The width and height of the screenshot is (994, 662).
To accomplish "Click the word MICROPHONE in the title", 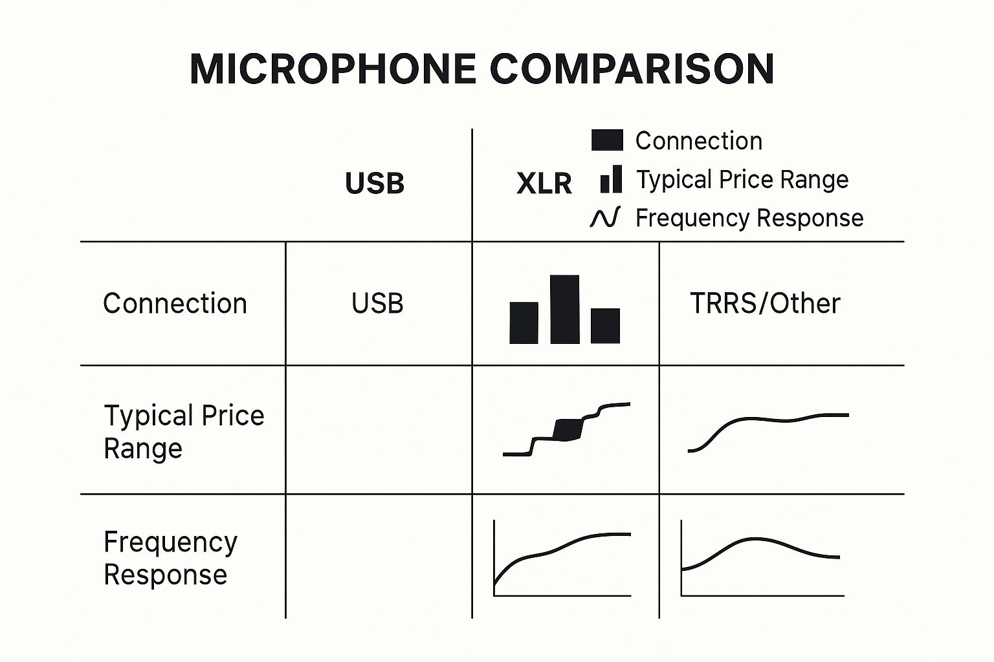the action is click(x=333, y=69).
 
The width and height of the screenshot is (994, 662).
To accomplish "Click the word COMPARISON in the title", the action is click(x=632, y=69).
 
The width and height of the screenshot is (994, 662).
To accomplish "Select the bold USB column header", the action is click(x=375, y=183).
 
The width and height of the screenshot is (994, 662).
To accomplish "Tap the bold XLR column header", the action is click(x=544, y=184).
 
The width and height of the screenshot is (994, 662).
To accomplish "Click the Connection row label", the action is click(x=175, y=304).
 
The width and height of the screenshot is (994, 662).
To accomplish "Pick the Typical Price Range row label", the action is click(x=184, y=432).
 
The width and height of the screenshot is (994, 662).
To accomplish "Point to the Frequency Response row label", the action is click(x=170, y=559).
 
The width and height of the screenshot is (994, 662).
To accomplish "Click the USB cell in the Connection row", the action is click(x=377, y=304).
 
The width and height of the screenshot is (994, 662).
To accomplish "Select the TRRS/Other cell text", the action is click(x=765, y=304).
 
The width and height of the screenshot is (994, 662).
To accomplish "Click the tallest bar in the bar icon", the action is click(x=565, y=309).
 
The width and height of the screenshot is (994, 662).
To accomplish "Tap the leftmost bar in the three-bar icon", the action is click(x=524, y=323).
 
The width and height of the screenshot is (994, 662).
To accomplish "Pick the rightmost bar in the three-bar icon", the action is click(x=605, y=326).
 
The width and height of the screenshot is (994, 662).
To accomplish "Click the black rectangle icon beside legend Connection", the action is click(x=607, y=140).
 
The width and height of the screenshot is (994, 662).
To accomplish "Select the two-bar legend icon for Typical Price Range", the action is click(x=611, y=179).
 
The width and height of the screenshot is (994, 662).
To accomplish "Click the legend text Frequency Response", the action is click(x=749, y=218).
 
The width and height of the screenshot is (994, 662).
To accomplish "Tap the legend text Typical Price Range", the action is click(x=742, y=180).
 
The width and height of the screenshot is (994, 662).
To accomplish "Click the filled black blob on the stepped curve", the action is click(x=568, y=429).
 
